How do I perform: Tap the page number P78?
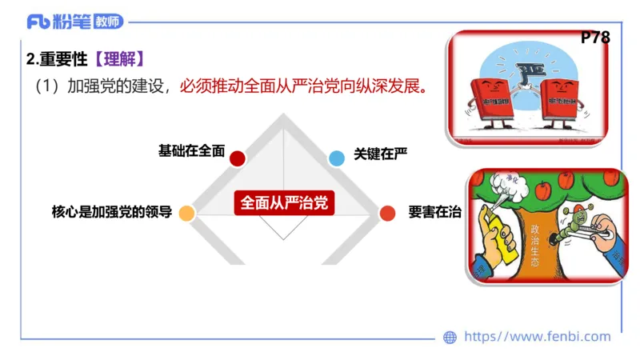pos(595,38)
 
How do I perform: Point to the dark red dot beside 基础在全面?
pos(237,158)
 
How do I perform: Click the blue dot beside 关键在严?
pos(337,158)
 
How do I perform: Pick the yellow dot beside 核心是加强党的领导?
pos(186,213)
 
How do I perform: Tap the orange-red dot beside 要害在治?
pos(387,213)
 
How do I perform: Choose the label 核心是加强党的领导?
pos(111,213)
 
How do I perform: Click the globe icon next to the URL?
pos(450,338)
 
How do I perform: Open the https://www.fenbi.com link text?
pos(537,337)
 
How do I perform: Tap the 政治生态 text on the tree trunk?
pos(534,244)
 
